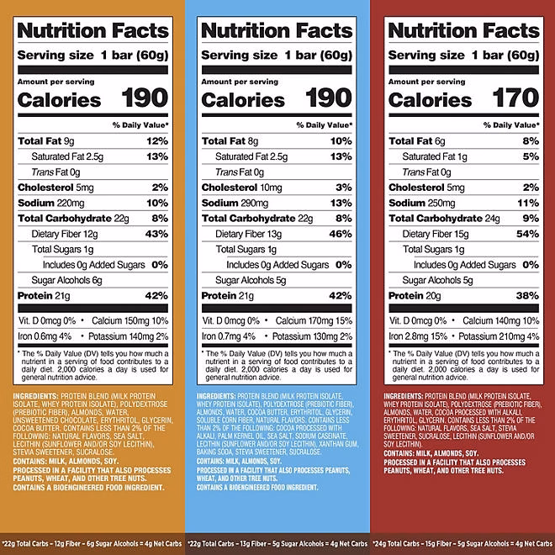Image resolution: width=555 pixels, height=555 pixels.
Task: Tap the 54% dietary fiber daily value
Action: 527,234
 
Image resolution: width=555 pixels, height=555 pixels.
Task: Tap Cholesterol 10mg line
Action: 242,188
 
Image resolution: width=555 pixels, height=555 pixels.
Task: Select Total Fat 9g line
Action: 47,141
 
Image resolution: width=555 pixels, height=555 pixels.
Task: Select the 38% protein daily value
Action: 527,295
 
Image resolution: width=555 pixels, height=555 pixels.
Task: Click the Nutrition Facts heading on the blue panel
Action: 277,31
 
